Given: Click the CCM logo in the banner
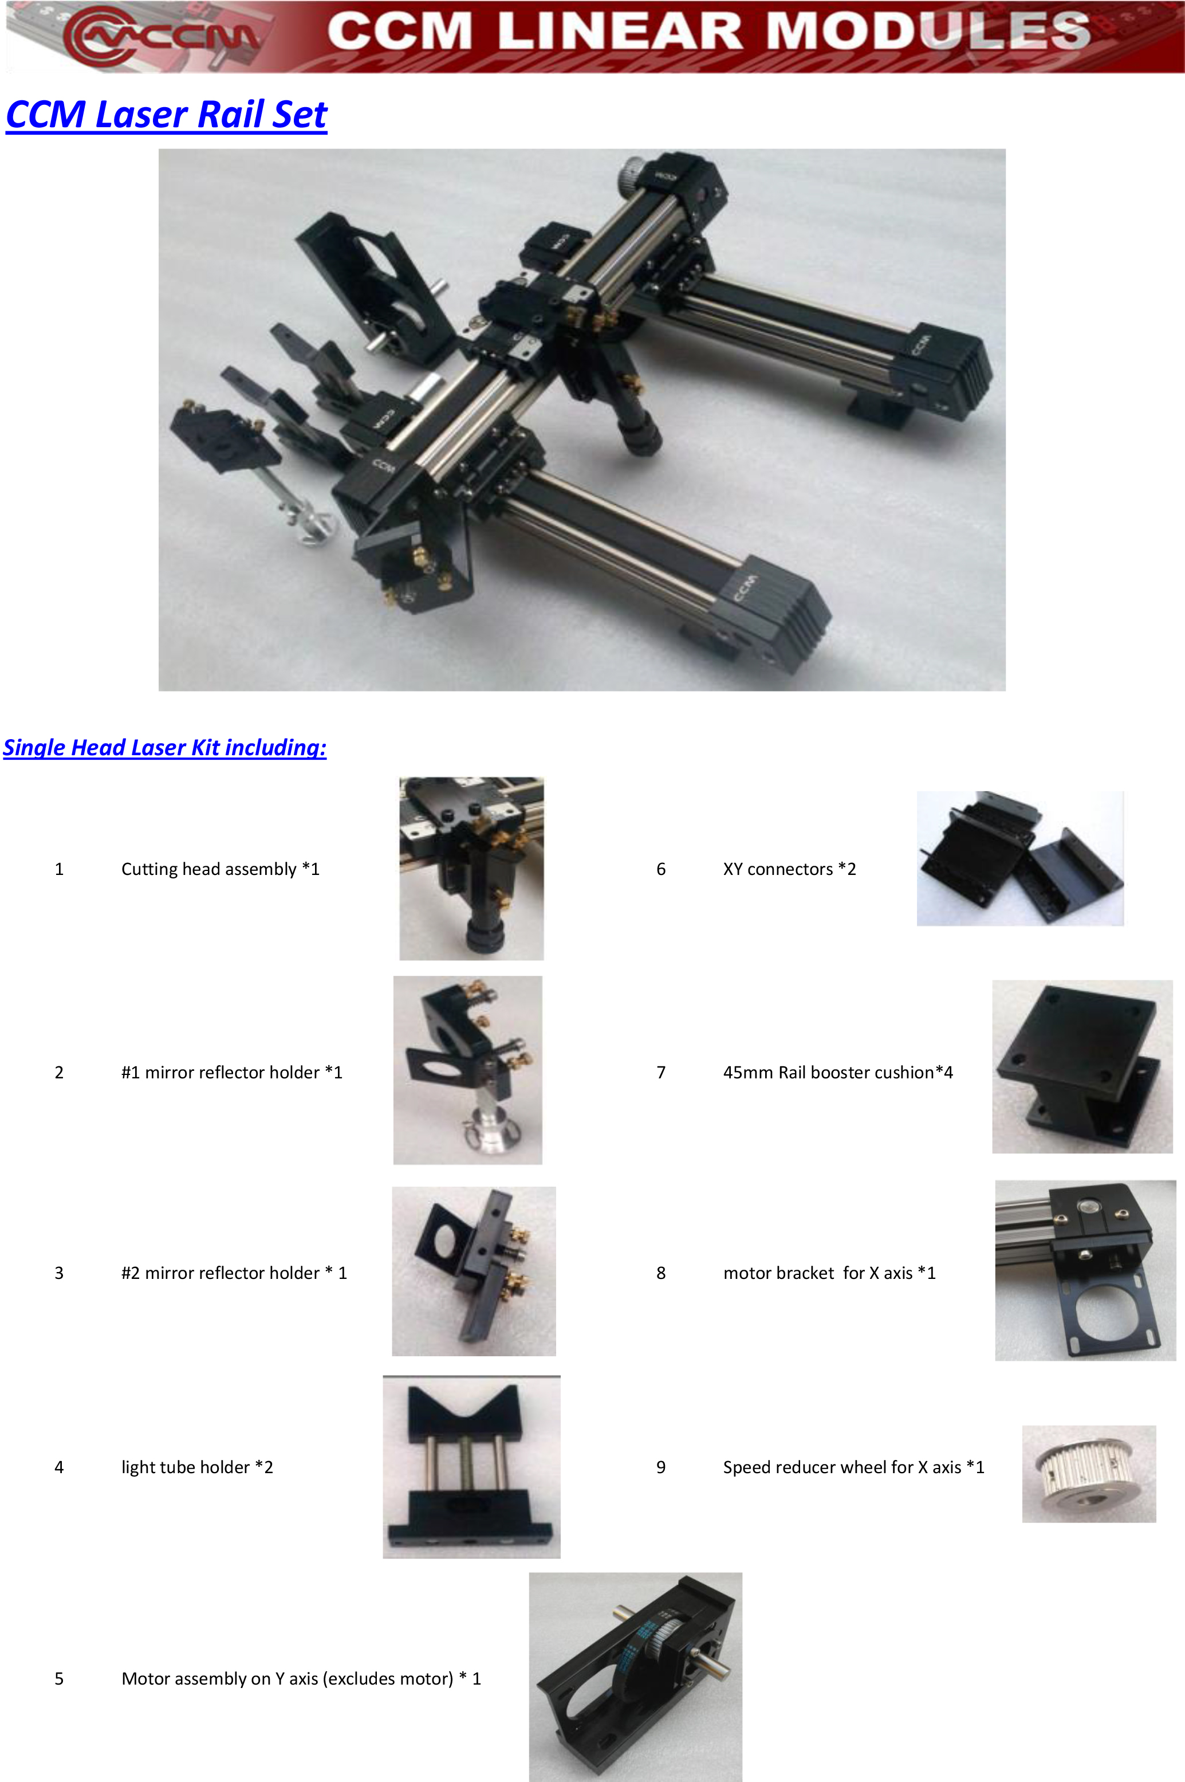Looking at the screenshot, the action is pos(163,35).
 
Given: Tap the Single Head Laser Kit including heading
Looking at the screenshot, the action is pos(165,748).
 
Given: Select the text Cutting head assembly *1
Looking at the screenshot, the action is pos(221,869).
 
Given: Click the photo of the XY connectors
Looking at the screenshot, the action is pos(1020,859).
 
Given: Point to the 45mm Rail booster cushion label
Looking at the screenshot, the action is pos(838,1073).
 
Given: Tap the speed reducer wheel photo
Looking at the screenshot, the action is pos(1089,1474).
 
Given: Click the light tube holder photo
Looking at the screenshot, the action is pos(471,1467).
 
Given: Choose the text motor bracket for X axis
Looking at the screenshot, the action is pos(818,1273).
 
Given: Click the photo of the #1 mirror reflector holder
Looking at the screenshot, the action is pos(468,1070).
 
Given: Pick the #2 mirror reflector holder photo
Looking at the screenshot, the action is pos(474,1271).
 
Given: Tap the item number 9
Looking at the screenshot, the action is pos(662,1467).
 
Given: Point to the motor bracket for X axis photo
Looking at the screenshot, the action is pos(1085,1270).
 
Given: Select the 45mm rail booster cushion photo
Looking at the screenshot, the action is pos(1082,1067).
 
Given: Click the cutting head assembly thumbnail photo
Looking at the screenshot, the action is pos(471,869).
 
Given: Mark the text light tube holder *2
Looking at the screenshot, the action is pos(197,1467).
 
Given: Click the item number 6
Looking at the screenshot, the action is pos(662,869).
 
